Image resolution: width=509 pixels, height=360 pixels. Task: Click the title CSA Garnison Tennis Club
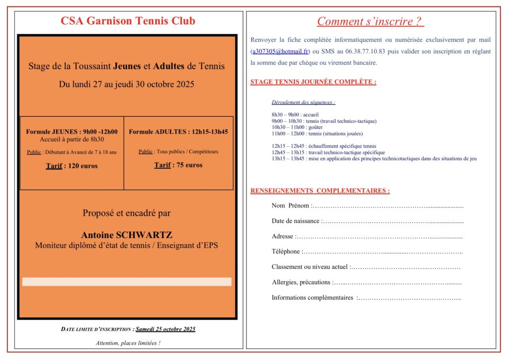[128, 21]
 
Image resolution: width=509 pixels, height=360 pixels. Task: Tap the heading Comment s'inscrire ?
[370, 21]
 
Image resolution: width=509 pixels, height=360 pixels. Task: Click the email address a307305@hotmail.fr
[280, 51]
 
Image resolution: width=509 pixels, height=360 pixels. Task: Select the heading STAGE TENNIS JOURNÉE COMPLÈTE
[313, 82]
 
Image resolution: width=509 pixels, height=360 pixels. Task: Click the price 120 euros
[81, 166]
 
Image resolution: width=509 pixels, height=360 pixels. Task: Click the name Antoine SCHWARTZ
[127, 235]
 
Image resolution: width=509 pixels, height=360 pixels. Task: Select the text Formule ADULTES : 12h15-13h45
[178, 132]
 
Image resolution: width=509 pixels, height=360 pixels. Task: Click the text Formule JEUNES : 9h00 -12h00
[72, 132]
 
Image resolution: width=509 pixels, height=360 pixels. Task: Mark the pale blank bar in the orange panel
[127, 282]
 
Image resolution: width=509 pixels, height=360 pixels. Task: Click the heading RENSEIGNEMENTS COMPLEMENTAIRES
[320, 191]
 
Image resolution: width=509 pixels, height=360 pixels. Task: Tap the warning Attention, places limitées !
[128, 343]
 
